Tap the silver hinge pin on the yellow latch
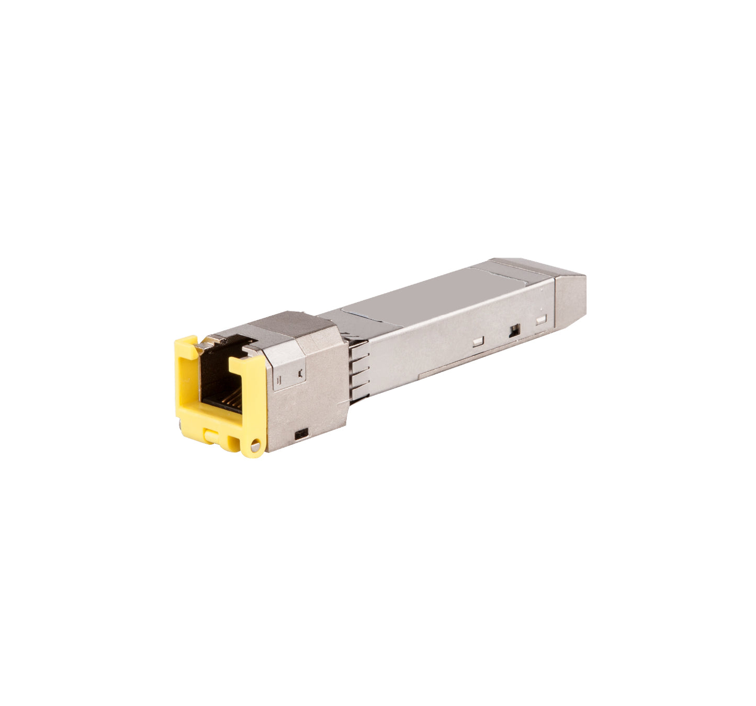[x=255, y=446]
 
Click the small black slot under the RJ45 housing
[x=301, y=434]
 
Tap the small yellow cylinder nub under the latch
[x=211, y=434]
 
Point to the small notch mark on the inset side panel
[x=300, y=373]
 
